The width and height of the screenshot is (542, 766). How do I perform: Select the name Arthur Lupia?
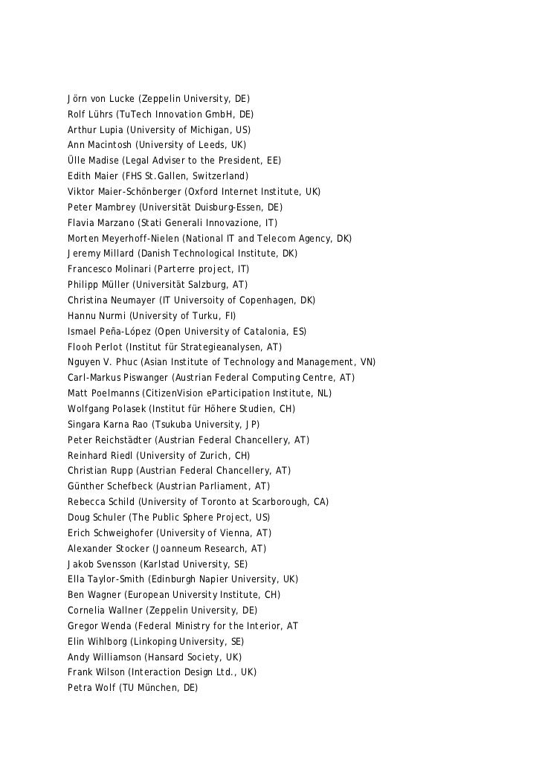point(94,130)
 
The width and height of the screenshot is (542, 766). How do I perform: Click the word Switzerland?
point(218,177)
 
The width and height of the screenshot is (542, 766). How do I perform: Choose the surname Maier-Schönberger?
point(138,192)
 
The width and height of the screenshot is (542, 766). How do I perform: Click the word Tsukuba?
point(175,425)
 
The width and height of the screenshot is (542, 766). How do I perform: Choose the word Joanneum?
point(179,549)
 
